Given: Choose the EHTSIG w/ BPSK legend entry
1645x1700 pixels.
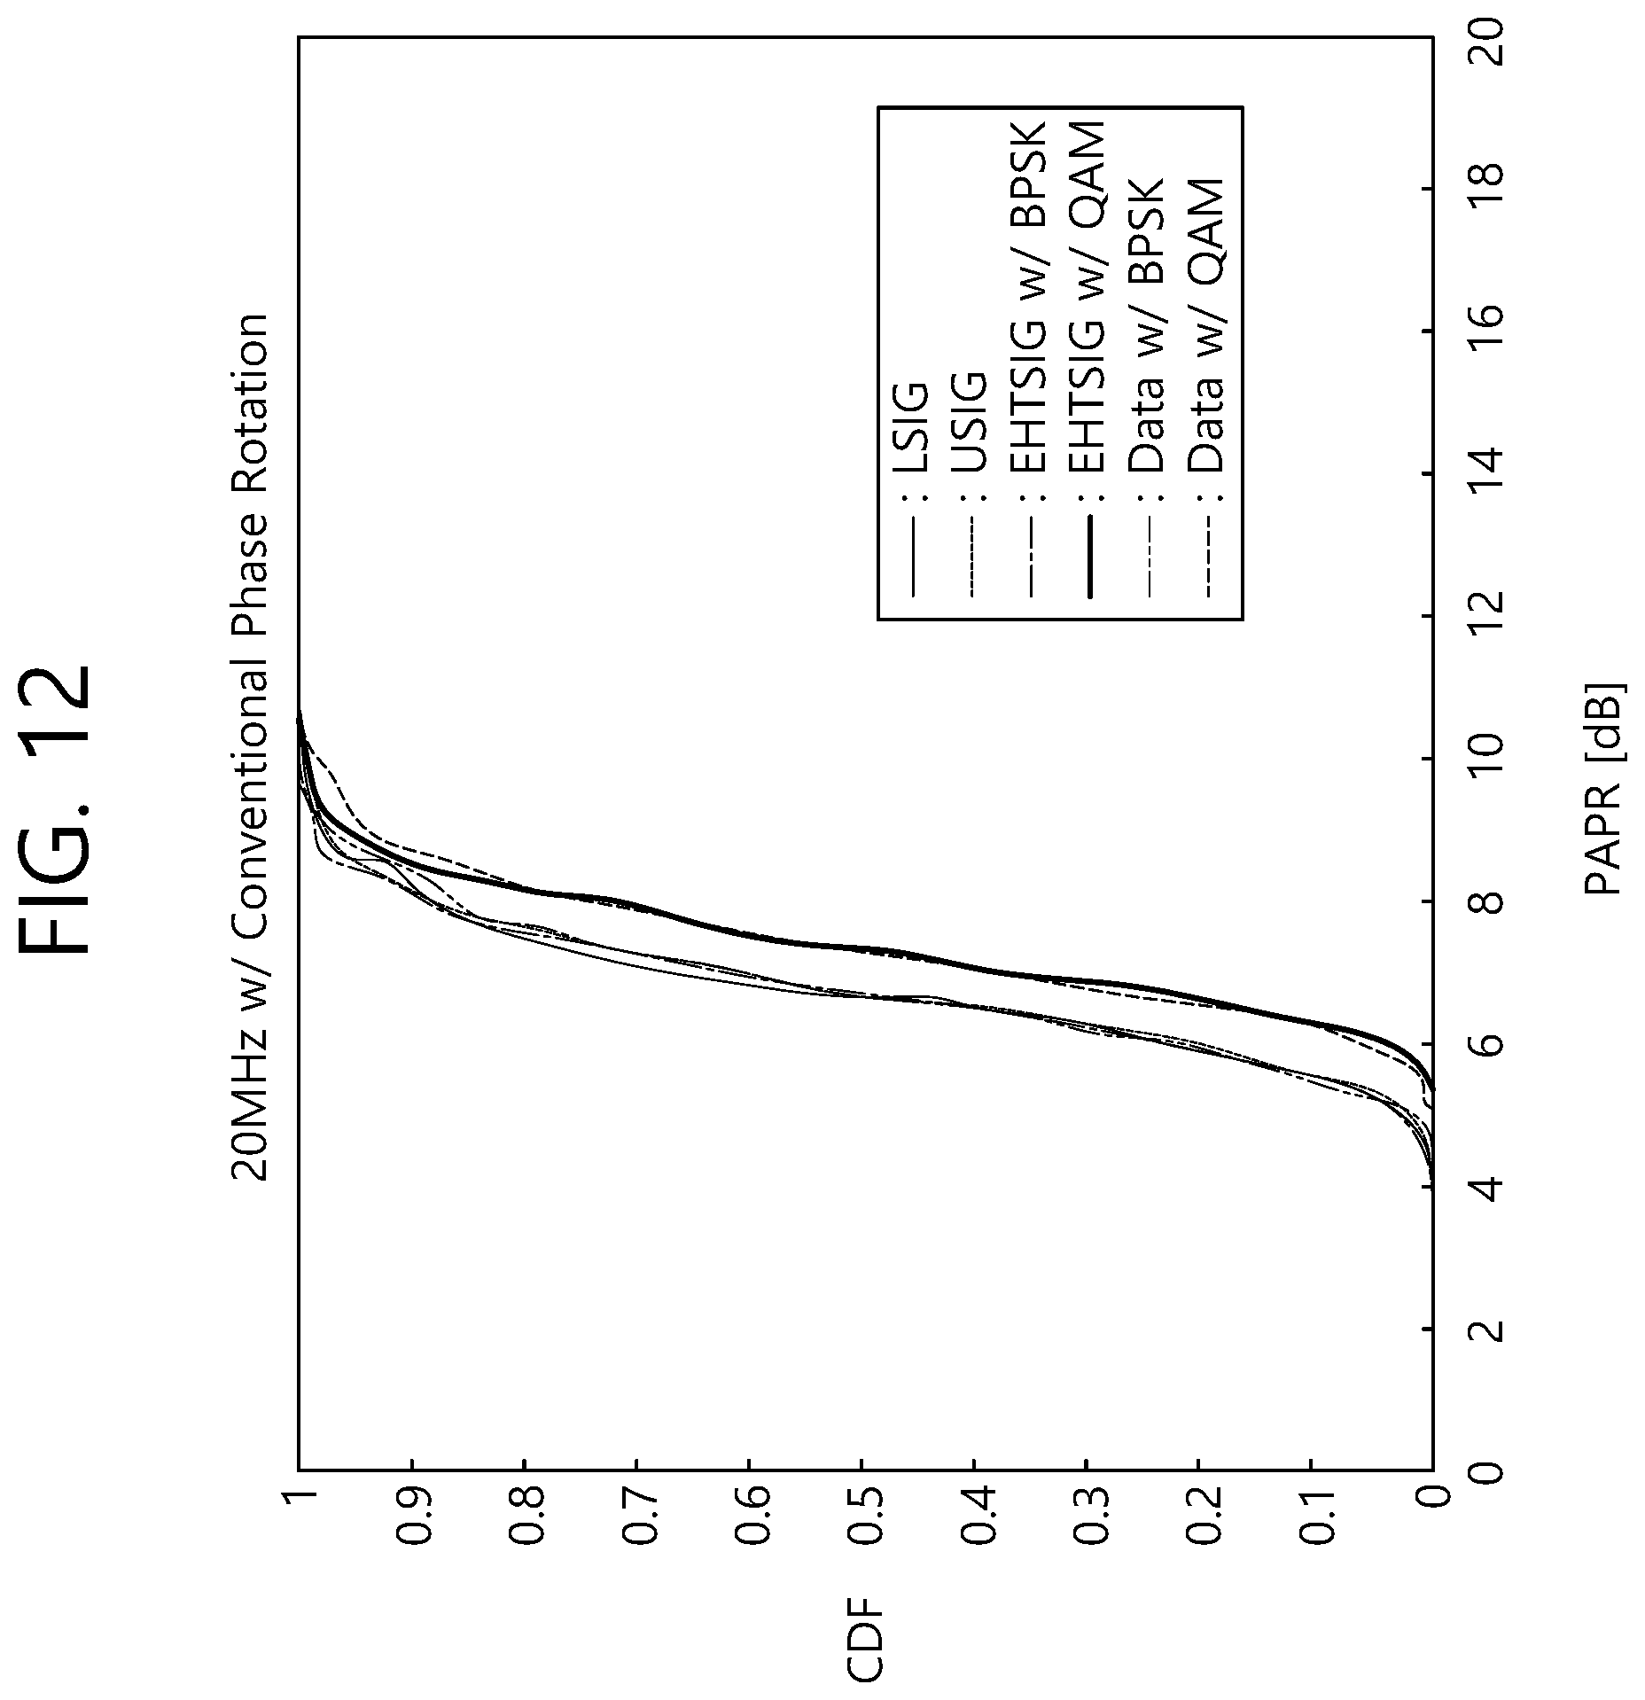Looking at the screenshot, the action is [x=1029, y=355].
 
